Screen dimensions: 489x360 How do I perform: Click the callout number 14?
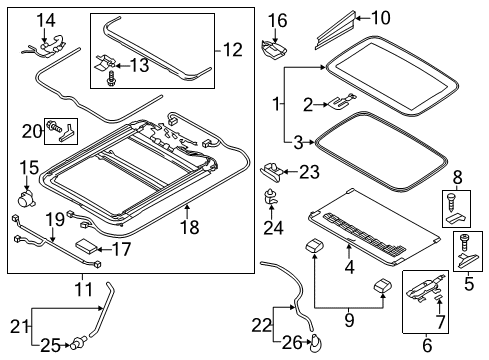coord(46,21)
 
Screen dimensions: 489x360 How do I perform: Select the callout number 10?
coord(380,18)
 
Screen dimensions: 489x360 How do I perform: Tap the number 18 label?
coord(190,227)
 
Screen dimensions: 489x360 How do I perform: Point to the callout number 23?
coord(310,172)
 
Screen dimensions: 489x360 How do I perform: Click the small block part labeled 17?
coord(86,246)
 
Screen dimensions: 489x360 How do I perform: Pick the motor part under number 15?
coord(27,198)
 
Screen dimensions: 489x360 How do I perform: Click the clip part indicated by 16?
coord(274,49)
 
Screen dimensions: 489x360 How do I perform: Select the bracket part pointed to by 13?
coord(103,62)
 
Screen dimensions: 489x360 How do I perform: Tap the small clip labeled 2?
coord(342,102)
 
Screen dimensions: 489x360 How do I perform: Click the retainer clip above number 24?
coord(271,197)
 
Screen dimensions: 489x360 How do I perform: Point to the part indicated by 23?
coord(272,171)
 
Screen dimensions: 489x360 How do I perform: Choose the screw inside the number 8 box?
coord(451,203)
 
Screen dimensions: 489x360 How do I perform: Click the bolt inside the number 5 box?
coord(464,243)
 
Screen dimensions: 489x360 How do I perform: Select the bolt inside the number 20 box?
coord(55,126)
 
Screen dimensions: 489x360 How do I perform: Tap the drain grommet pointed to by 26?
coord(315,344)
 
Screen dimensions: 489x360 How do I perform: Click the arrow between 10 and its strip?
coord(362,18)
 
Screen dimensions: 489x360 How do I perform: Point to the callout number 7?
coord(441,321)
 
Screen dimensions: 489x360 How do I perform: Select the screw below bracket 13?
coord(110,79)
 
